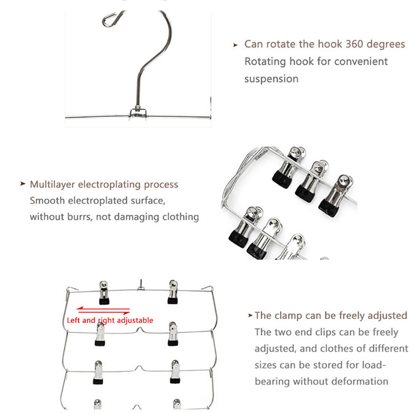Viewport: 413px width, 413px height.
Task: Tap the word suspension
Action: coord(271,78)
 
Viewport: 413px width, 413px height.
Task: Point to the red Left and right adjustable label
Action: coord(110,320)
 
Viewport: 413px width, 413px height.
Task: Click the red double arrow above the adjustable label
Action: coord(103,311)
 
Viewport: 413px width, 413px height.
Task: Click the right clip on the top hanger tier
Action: coord(173,292)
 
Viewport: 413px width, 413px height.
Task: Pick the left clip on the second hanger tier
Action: coord(100,334)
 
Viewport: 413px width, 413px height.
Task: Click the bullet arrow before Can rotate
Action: coord(235,45)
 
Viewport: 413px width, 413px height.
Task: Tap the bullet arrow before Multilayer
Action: coord(22,184)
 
